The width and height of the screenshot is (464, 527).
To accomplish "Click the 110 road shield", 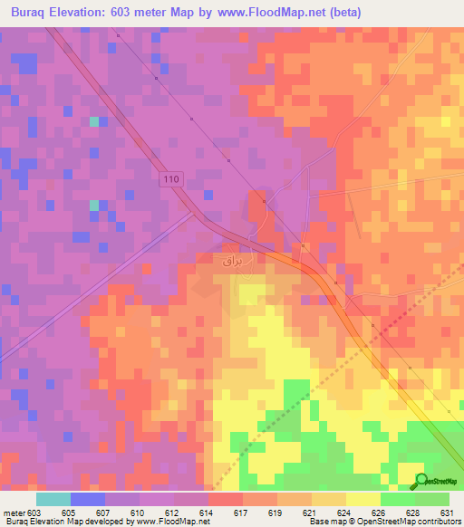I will tap(172, 179).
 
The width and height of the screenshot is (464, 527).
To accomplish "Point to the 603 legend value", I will tap(34, 513).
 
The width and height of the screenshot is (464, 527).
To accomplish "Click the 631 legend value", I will tap(448, 513).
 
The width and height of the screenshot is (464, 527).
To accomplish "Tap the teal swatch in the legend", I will tap(53, 499).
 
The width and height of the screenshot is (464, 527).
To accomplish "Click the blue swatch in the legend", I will tap(87, 499).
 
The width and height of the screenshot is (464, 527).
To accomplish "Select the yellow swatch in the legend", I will tap(362, 499).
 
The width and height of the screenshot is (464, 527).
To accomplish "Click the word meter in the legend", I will tap(13, 513).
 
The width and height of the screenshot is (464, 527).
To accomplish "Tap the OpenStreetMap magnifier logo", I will tap(420, 482).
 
